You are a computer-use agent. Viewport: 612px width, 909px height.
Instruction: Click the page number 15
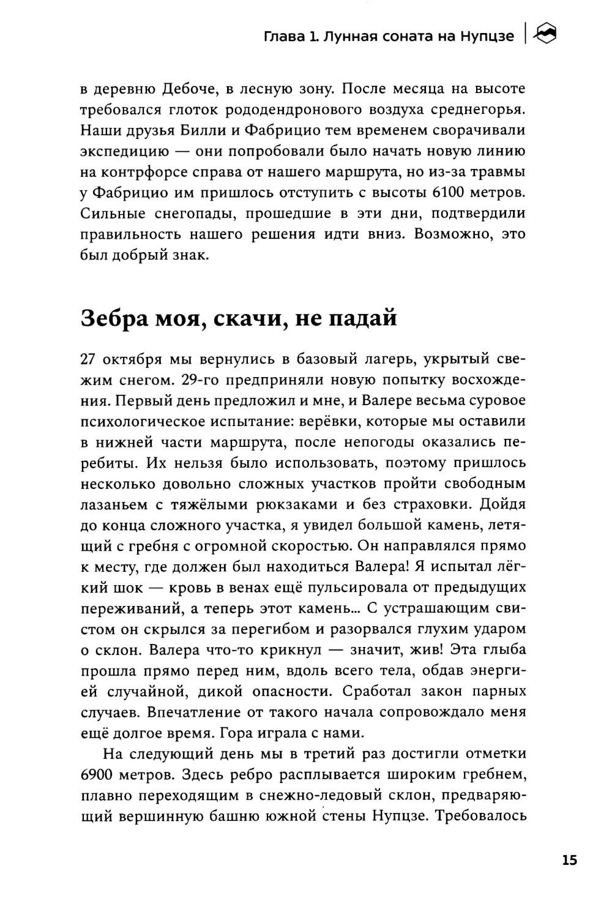569,860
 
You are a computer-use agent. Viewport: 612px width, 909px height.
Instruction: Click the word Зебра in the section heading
114,319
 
